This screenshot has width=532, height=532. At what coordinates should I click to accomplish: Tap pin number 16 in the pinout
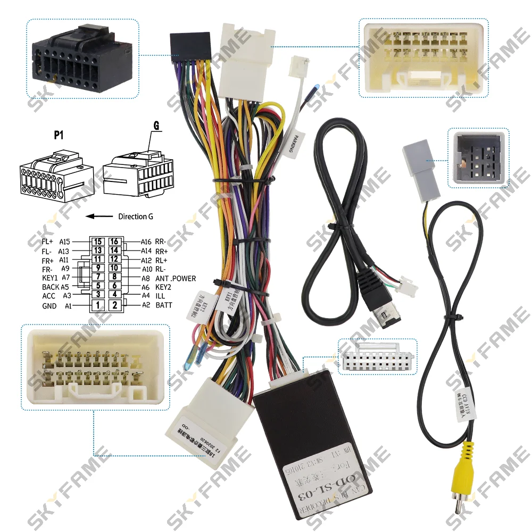pyautogui.click(x=114, y=242)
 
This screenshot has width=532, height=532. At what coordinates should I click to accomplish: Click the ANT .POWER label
pyautogui.click(x=176, y=278)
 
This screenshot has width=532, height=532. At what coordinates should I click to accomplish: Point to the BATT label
pyautogui.click(x=164, y=305)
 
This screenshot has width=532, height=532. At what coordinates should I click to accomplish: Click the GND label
pyautogui.click(x=49, y=306)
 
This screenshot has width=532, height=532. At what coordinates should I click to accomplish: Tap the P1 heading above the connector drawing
pyautogui.click(x=59, y=135)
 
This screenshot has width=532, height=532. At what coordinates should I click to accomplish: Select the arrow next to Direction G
pyautogui.click(x=98, y=217)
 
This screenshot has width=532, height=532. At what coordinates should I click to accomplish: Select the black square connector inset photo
pyautogui.click(x=478, y=158)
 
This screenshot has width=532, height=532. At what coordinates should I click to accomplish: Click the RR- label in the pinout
pyautogui.click(x=161, y=242)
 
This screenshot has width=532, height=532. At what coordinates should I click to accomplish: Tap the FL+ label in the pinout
pyautogui.click(x=48, y=242)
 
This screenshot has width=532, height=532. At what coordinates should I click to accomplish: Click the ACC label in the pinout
pyautogui.click(x=49, y=296)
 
